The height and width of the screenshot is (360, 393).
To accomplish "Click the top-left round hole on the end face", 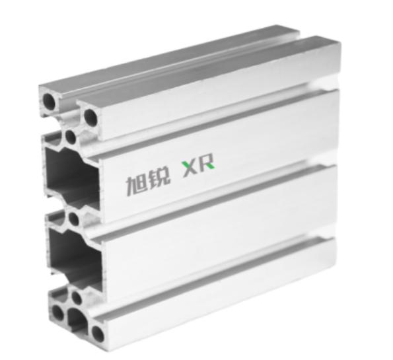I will (x=51, y=102).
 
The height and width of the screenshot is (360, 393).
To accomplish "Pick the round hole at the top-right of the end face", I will (x=90, y=118).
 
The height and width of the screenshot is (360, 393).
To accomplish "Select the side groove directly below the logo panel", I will (x=218, y=198).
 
